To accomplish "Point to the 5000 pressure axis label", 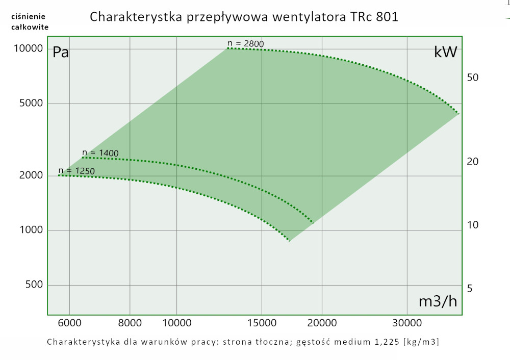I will (29, 104).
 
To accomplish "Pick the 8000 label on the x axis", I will (130, 323).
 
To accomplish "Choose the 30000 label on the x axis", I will (406, 323).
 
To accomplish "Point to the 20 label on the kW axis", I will (472, 162).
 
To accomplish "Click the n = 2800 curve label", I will (246, 43).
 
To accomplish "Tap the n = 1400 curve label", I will (100, 153).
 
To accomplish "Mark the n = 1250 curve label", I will (77, 170).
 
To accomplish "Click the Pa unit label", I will (61, 52).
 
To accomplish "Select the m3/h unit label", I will (438, 301).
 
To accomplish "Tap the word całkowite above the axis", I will (30, 27).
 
